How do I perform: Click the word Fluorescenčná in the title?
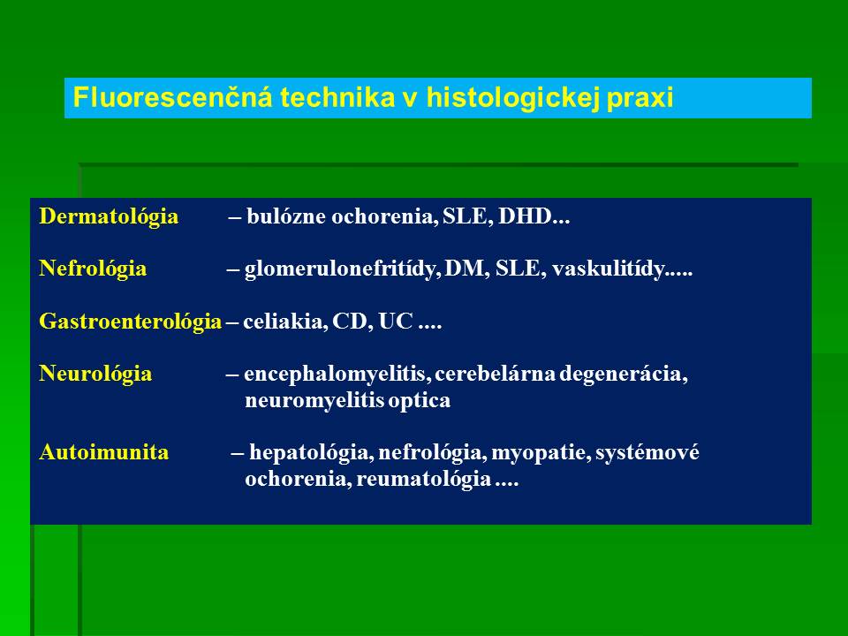click(x=172, y=97)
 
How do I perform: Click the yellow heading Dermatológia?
click(x=109, y=217)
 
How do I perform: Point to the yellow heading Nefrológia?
click(x=93, y=269)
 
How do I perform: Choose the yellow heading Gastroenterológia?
click(x=131, y=322)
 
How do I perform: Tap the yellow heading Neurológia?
click(x=95, y=374)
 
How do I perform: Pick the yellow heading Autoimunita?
click(x=104, y=451)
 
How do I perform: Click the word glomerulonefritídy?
click(x=343, y=269)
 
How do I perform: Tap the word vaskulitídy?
click(x=609, y=269)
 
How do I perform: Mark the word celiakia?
click(x=285, y=322)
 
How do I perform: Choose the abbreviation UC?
click(x=396, y=322)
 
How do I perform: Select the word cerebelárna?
click(x=496, y=374)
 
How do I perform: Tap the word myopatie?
click(x=541, y=452)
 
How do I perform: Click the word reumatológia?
click(x=424, y=479)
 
